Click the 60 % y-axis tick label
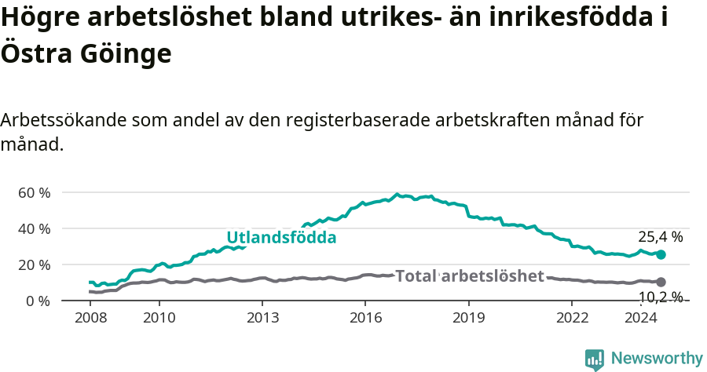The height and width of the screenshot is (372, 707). tap(35, 193)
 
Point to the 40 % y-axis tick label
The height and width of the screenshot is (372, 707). tap(35, 229)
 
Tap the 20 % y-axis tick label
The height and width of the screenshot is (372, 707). tap(35, 265)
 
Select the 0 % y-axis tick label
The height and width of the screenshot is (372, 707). tap(39, 301)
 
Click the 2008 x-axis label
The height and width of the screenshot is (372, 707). tap(90, 318)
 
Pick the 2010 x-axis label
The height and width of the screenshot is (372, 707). tap(159, 318)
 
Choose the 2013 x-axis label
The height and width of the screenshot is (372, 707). tap(262, 318)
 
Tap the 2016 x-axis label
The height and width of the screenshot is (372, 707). tap(365, 318)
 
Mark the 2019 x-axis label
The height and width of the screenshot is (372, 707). tap(469, 318)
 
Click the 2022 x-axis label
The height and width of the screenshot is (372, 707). tap(572, 318)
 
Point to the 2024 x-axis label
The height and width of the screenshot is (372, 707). tap(640, 318)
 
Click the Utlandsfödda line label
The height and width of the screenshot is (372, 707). tap(281, 237)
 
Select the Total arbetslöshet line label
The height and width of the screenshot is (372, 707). tap(470, 276)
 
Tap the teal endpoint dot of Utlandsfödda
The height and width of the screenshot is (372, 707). tap(661, 254)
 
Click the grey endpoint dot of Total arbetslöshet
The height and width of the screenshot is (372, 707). tap(661, 282)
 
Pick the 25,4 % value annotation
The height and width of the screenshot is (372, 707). tap(660, 236)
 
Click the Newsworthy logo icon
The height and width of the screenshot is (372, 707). tap(595, 359)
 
